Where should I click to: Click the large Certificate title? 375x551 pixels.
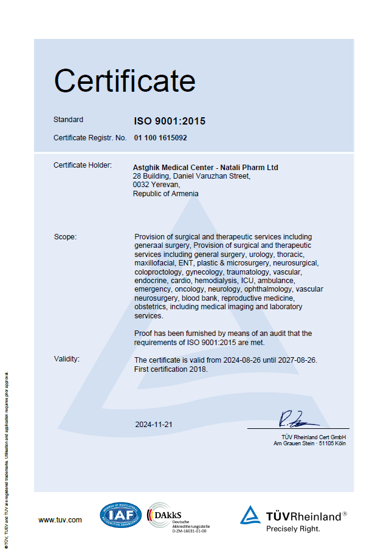point(125,80)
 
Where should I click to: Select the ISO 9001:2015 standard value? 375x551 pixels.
point(170,121)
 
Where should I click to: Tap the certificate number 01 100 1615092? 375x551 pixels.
point(160,138)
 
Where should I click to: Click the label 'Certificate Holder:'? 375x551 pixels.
point(83,165)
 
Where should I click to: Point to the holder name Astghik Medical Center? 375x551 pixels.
point(173,167)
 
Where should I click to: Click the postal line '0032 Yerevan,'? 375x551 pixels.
point(156,185)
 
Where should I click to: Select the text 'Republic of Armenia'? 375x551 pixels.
point(165,194)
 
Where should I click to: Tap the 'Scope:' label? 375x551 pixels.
point(65,237)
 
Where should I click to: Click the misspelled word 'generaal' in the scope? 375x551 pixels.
point(148,245)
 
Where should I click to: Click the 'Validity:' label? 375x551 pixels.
point(66,359)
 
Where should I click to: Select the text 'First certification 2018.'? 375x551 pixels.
point(171,369)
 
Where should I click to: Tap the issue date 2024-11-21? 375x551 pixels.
point(154,425)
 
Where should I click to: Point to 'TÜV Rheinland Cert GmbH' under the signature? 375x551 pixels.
point(313,437)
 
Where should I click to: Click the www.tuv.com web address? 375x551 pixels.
point(60,520)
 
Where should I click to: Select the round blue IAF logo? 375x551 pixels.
point(121,515)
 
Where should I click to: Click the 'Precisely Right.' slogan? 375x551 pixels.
point(293,529)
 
